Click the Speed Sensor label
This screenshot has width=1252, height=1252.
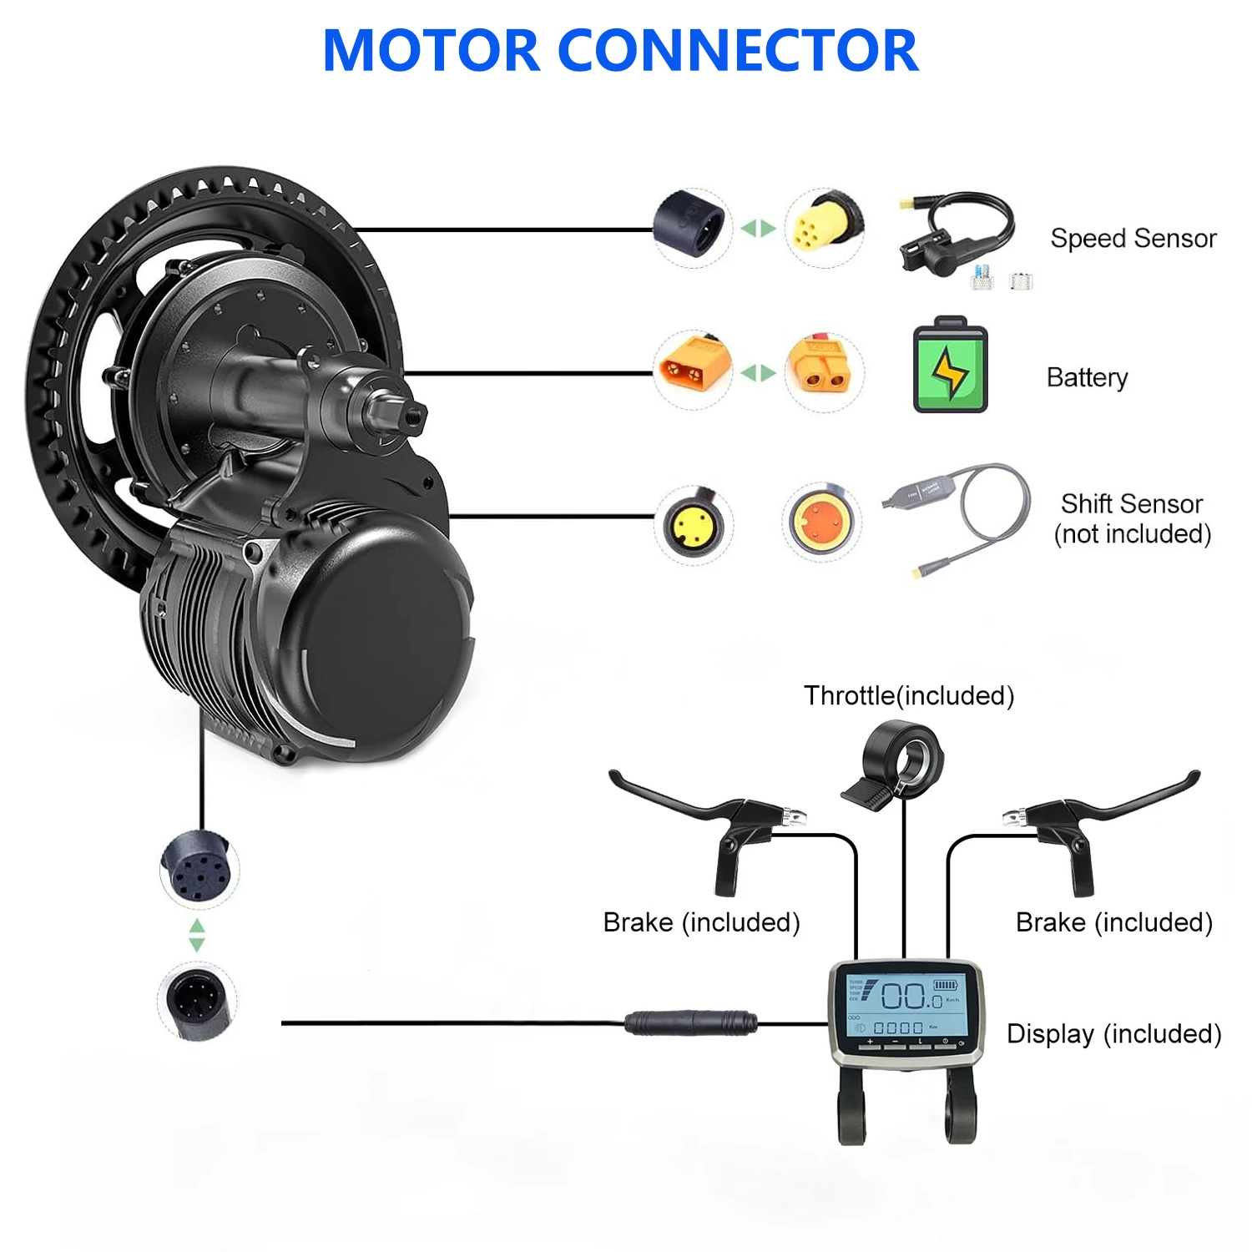(x=1133, y=239)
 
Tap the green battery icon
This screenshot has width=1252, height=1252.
(x=950, y=366)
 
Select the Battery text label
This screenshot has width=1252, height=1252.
(x=1087, y=377)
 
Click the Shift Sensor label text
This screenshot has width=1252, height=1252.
(x=1132, y=504)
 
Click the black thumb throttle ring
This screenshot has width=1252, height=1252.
(x=906, y=760)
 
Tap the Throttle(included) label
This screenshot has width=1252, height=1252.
(x=909, y=695)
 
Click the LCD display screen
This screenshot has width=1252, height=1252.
(x=906, y=1005)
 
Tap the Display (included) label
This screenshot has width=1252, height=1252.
(x=1113, y=1033)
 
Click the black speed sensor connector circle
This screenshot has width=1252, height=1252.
(x=692, y=227)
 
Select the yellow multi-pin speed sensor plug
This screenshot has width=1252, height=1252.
(x=822, y=227)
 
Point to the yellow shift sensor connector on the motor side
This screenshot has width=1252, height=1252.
(x=693, y=524)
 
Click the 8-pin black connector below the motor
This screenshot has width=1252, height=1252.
(x=198, y=868)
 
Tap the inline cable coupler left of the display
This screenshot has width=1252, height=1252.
(x=691, y=1022)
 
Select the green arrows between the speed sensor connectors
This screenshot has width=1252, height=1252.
(x=758, y=228)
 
